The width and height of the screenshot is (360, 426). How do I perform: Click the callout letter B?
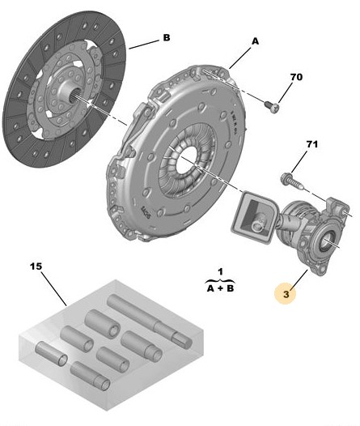pyautogui.click(x=167, y=37)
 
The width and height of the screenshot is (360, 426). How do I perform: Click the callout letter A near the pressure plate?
pyautogui.click(x=256, y=41)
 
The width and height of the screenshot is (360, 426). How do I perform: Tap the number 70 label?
pyautogui.click(x=296, y=77)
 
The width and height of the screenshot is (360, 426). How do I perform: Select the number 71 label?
pyautogui.click(x=312, y=144)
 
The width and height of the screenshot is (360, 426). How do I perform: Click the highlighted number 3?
pyautogui.click(x=286, y=294)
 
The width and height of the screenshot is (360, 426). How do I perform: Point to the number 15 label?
pyautogui.click(x=36, y=266)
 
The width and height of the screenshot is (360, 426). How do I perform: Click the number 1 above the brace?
pyautogui.click(x=220, y=271)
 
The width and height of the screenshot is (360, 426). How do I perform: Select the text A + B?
pyautogui.click(x=220, y=288)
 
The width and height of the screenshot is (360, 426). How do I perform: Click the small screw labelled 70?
pyautogui.click(x=272, y=107)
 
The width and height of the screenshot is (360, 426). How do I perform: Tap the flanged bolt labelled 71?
pyautogui.click(x=291, y=181)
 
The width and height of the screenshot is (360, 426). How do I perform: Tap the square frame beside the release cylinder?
pyautogui.click(x=255, y=216)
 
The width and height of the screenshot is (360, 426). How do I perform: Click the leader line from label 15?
pyautogui.click(x=54, y=288)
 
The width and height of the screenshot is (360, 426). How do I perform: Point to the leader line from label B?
pyautogui.click(x=144, y=45)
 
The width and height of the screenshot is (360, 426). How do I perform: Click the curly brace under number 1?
pyautogui.click(x=220, y=280)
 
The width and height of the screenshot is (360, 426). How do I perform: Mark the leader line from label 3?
pyautogui.click(x=299, y=279)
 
